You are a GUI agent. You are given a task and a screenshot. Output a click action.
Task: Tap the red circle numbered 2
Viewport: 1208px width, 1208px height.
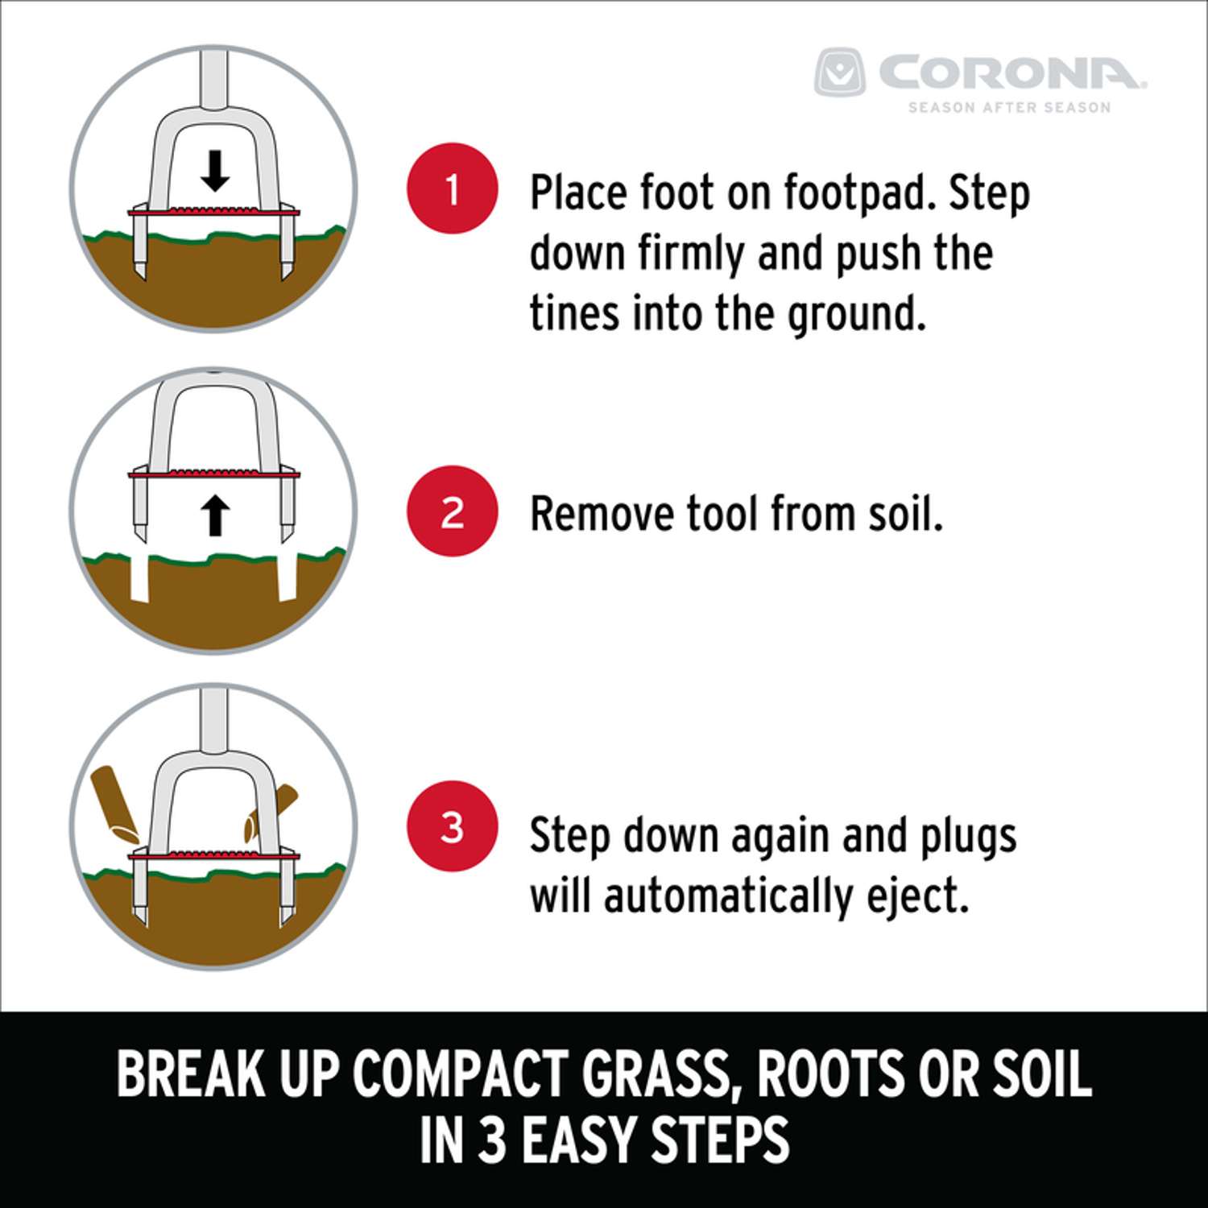(453, 511)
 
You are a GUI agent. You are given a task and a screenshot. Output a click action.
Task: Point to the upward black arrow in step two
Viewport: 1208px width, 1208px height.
(214, 515)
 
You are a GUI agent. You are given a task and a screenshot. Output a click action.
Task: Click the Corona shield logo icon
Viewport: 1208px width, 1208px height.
(839, 72)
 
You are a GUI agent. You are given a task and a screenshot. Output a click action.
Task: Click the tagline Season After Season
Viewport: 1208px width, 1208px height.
(1010, 107)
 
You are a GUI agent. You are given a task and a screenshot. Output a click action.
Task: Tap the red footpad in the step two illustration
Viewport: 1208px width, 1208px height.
(214, 473)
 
